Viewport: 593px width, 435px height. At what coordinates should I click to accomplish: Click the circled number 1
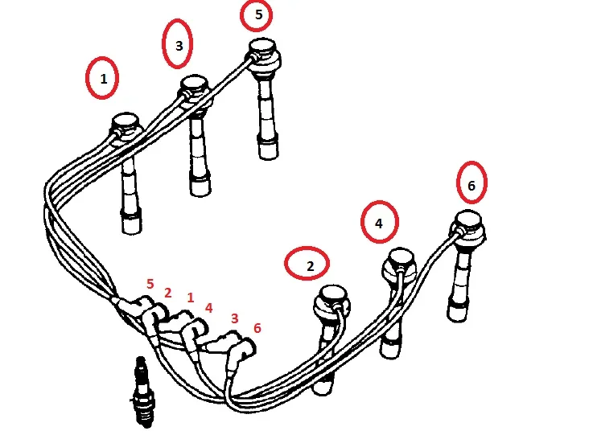click(103, 79)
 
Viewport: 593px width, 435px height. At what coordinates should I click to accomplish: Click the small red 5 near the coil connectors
click(150, 284)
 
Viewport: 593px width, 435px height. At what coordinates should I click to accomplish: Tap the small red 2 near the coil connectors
click(168, 293)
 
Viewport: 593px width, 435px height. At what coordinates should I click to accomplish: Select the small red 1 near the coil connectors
click(190, 298)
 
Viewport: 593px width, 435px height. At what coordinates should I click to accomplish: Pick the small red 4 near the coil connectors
click(208, 308)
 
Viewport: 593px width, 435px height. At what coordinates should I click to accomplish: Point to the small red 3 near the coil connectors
click(234, 318)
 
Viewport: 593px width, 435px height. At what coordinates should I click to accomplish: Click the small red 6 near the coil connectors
click(257, 328)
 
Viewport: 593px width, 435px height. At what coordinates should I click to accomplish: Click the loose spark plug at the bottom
click(143, 392)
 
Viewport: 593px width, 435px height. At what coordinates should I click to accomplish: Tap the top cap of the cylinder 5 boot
click(262, 46)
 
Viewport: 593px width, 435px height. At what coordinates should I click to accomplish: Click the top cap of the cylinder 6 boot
click(468, 219)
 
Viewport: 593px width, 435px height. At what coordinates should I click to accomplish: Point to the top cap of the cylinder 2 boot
click(334, 293)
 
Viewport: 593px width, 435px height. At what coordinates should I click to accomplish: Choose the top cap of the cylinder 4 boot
click(401, 257)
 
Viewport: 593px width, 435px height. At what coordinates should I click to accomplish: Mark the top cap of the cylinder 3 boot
click(195, 84)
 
